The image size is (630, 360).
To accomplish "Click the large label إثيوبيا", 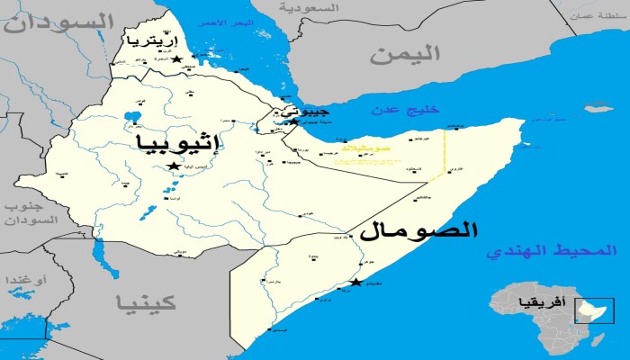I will (x=179, y=143).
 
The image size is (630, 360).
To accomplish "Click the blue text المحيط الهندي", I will (x=552, y=252).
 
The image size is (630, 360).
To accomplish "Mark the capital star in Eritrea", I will (x=176, y=59).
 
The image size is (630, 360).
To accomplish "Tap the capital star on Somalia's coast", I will (x=357, y=283).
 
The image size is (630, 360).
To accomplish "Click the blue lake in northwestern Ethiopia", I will (x=132, y=117).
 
